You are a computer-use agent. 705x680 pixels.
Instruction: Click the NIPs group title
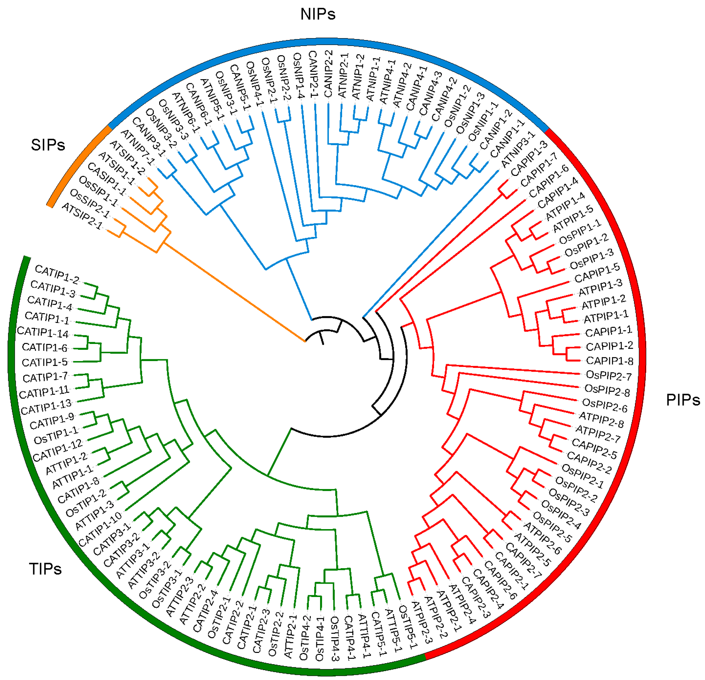tap(318, 14)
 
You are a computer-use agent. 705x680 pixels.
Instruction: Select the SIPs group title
tap(48, 145)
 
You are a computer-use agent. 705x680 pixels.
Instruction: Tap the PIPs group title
tap(683, 400)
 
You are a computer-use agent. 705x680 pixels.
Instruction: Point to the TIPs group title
tap(45, 569)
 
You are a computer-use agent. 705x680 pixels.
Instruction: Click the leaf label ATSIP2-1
tap(82, 216)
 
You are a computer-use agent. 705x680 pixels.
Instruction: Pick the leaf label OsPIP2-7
tap(609, 376)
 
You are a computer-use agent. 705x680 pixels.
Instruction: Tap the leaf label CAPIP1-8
tap(610, 361)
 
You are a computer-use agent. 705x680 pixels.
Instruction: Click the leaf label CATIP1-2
tap(57, 274)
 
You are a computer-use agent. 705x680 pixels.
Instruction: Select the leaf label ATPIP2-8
tap(601, 420)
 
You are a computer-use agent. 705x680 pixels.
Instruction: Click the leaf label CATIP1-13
tap(46, 407)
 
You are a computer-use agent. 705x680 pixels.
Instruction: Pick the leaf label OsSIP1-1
tap(98, 191)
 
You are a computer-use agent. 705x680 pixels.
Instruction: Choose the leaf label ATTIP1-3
tap(94, 515)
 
